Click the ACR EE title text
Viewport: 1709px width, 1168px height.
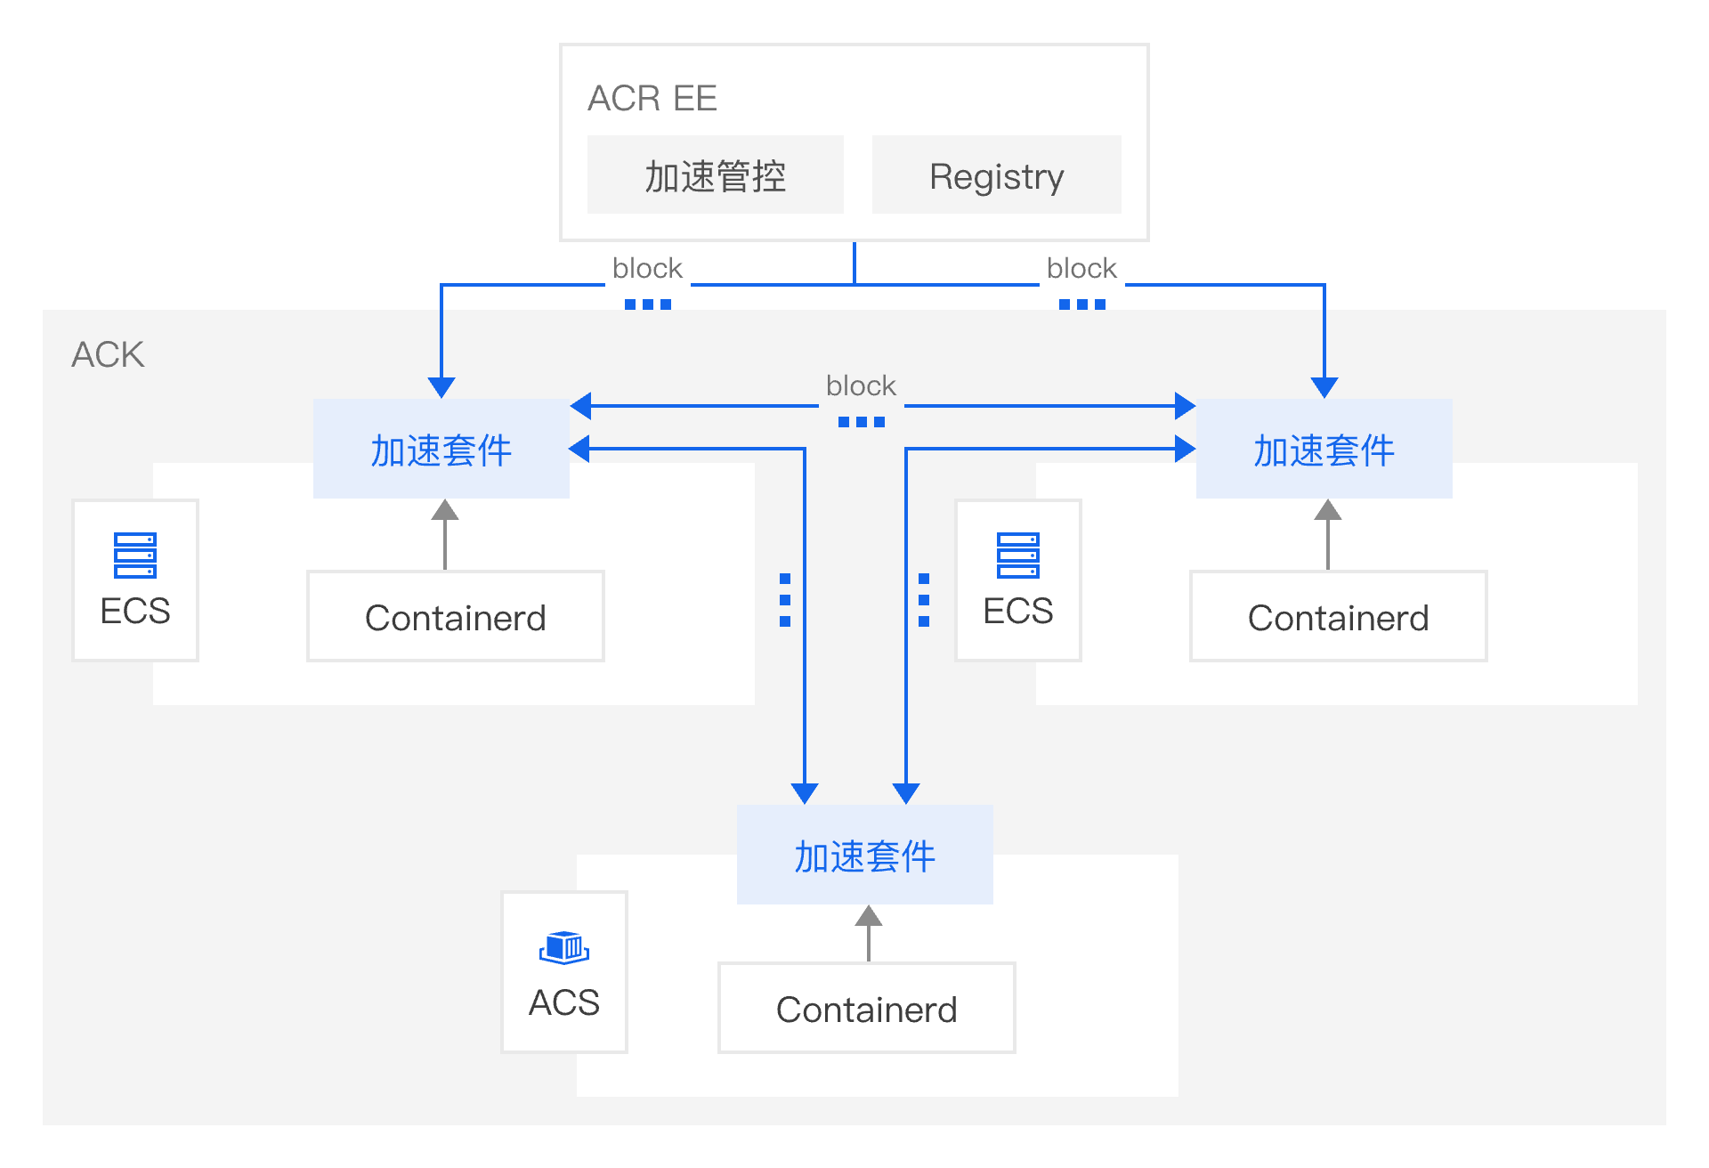(652, 98)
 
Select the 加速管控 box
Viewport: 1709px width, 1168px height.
(715, 175)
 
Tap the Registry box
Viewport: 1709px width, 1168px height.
(996, 175)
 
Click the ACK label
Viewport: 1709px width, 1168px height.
(108, 354)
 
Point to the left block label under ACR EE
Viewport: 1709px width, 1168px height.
(647, 268)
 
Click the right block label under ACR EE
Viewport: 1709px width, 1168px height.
(1081, 268)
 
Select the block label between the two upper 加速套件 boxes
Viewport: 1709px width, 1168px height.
(861, 385)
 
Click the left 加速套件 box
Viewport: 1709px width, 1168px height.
(441, 450)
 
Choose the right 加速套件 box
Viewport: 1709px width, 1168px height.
(1324, 450)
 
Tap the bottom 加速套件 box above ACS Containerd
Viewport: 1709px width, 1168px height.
(864, 856)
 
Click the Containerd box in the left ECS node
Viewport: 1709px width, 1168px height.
(455, 617)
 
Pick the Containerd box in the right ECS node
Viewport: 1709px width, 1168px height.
(1338, 617)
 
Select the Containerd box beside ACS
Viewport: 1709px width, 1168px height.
(866, 1009)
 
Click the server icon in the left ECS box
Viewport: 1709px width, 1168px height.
(135, 555)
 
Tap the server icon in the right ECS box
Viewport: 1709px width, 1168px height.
(1018, 555)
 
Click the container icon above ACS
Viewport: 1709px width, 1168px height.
(564, 947)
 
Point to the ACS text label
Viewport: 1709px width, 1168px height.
(564, 1002)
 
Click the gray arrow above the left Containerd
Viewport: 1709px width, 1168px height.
(445, 532)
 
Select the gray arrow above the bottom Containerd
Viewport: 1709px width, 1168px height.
(869, 931)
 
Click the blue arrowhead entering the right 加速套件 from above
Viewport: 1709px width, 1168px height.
(1324, 386)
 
